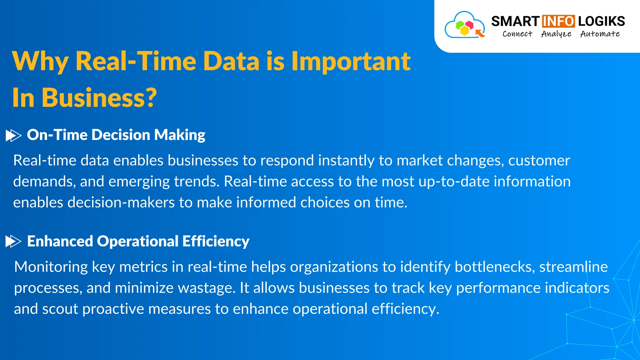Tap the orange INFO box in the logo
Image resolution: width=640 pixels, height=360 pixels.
coord(558,21)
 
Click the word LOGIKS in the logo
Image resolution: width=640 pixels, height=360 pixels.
coord(601,21)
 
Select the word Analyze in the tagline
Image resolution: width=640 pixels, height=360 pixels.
coord(556,34)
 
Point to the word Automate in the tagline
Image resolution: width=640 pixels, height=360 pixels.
coord(600,34)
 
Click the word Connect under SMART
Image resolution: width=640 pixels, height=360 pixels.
coord(517,34)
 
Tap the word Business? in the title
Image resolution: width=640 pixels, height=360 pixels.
coord(99,97)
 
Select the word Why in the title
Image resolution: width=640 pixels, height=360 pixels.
coord(40,61)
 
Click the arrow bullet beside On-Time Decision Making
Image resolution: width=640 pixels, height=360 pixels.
coord(13,136)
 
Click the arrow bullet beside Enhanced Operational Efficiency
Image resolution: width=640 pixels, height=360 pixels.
coord(13,242)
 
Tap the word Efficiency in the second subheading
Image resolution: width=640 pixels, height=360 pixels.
coord(216,241)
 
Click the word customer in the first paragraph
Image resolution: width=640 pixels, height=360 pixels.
coord(539,161)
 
